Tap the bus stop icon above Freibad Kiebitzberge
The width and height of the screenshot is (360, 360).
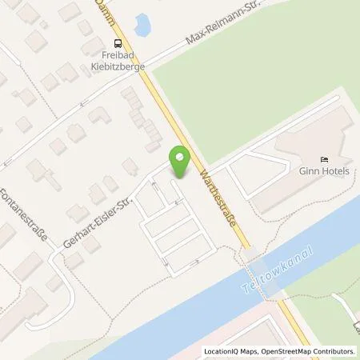[x=118, y=43]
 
